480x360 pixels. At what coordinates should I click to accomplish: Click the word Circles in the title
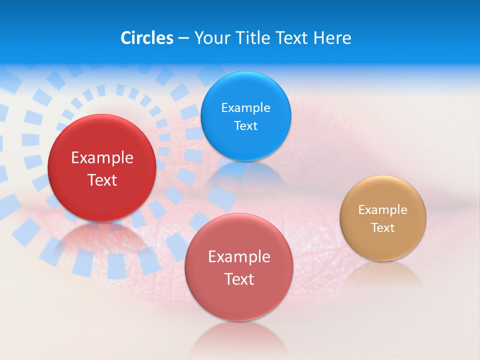click(146, 38)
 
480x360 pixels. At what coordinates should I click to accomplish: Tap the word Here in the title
click(332, 38)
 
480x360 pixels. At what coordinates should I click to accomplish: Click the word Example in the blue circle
click(245, 108)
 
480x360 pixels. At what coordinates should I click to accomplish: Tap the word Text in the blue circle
click(245, 125)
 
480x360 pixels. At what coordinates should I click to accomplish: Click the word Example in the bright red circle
click(102, 158)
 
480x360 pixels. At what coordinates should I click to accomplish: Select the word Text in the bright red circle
click(102, 180)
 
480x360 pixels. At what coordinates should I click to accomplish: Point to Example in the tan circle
click(383, 210)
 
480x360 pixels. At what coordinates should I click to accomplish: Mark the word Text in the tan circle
click(383, 228)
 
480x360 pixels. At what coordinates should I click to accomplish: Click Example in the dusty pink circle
click(239, 257)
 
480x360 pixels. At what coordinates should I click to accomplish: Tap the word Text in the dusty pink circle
click(239, 279)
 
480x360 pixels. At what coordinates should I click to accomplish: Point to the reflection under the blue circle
click(245, 175)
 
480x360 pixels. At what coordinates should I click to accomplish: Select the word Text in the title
click(292, 38)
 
